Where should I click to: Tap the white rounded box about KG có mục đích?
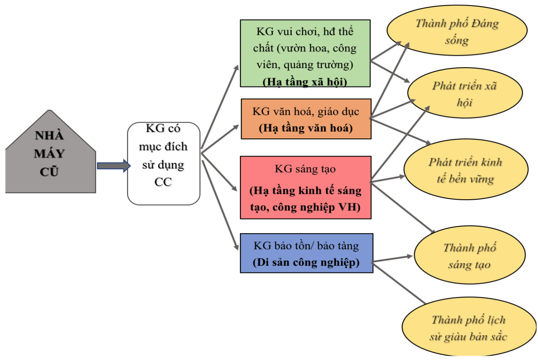[x=164, y=163]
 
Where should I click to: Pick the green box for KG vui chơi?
[x=305, y=54]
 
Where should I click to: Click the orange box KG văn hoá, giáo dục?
[x=306, y=119]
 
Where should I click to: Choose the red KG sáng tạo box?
[x=305, y=187]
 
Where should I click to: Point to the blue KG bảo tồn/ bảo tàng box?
[x=306, y=253]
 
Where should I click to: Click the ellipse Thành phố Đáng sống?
[x=456, y=32]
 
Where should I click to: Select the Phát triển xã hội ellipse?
[x=465, y=94]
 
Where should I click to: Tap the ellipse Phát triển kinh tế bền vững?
[x=465, y=171]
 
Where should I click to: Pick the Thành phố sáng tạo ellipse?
[x=469, y=256]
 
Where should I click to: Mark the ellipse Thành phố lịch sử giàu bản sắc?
[x=468, y=328]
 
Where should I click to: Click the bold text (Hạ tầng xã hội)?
[x=305, y=82]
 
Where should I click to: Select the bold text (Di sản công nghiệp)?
[x=306, y=262]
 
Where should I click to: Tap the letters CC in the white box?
[x=163, y=182]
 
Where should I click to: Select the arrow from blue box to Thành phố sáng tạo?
[x=392, y=258]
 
